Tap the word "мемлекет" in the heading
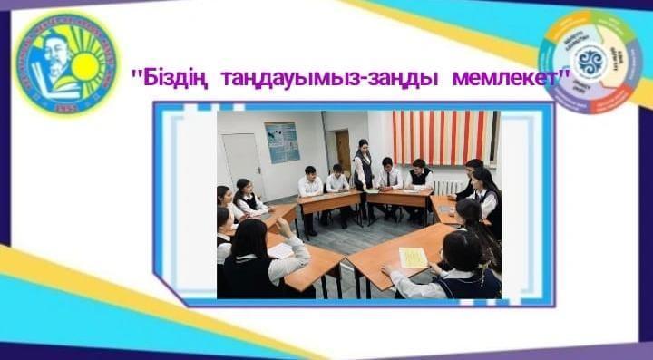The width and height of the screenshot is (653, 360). coord(512,79)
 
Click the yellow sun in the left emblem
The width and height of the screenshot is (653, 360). coord(88,66)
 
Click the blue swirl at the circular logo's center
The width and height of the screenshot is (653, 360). coord(590,62)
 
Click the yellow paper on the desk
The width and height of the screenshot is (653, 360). coord(413,258)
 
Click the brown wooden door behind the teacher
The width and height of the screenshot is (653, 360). coord(343,151)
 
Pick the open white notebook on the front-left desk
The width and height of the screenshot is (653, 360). coord(282,250)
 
